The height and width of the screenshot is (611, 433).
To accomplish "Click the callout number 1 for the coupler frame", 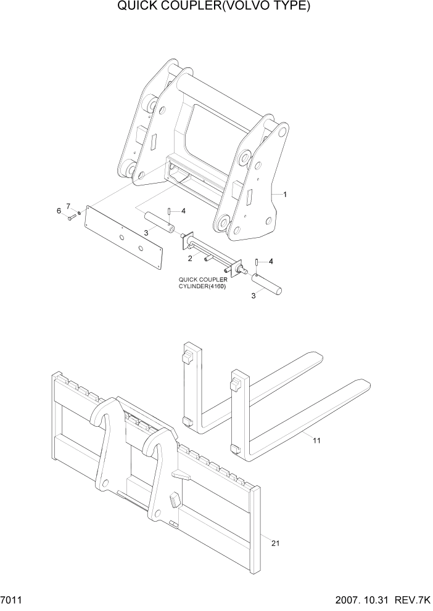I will (x=284, y=194).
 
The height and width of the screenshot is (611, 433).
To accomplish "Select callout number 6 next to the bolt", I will (x=59, y=211).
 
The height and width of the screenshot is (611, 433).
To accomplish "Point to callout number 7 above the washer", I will (x=68, y=205).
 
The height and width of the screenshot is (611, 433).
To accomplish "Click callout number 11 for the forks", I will (x=316, y=441).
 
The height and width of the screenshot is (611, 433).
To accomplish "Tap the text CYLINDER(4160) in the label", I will (x=202, y=286).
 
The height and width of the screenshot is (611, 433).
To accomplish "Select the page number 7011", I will (x=12, y=601).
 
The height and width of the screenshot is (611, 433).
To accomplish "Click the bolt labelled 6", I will (x=72, y=216).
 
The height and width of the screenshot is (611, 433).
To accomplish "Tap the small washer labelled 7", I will (x=79, y=213).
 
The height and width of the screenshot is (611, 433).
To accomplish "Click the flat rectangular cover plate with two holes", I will (x=123, y=237).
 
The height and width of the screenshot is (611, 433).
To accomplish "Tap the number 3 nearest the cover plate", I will (x=146, y=232).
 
